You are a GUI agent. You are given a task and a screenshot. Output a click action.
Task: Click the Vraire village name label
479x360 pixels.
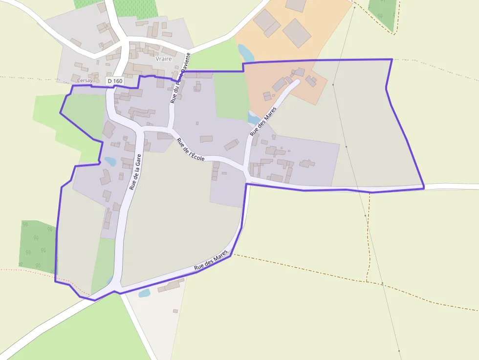163,59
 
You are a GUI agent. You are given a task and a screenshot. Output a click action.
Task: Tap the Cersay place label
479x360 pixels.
85,80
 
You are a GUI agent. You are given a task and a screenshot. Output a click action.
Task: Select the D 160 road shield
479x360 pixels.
114,81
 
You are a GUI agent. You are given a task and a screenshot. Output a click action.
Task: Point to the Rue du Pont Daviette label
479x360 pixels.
180,84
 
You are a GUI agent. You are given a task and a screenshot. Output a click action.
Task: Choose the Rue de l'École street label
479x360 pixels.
190,149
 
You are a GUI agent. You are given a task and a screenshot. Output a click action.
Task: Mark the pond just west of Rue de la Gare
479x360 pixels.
110,161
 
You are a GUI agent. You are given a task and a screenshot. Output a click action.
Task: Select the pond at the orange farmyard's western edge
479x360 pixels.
246,53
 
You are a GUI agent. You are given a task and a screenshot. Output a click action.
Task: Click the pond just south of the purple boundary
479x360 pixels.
144,293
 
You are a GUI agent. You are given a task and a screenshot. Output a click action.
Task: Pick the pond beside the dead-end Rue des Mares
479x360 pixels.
254,118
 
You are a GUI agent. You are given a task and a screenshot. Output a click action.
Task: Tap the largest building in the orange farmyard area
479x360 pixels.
297,33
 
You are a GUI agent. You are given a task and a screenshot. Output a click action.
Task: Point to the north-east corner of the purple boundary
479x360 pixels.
392,60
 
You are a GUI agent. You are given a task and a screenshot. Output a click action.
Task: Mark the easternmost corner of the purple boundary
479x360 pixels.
424,187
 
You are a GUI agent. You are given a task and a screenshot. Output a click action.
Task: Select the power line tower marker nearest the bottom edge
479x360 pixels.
399,351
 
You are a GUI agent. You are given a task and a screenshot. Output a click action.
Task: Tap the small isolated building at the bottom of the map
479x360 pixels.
175,311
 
